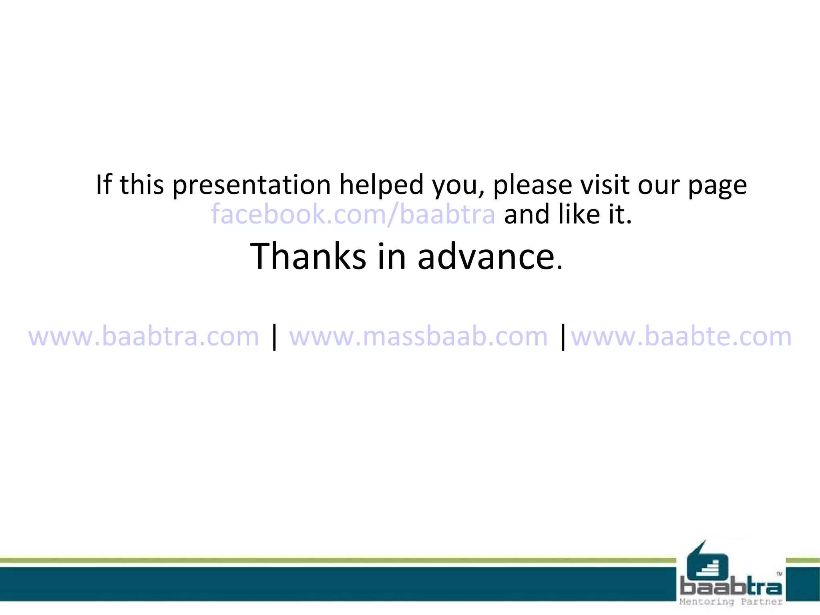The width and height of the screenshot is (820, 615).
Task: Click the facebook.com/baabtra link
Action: (353, 214)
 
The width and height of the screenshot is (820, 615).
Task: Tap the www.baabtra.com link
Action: (144, 336)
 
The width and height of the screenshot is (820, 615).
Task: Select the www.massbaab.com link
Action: (418, 336)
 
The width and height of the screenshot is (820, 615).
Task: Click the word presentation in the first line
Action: (251, 185)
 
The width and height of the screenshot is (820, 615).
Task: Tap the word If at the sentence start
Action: (104, 185)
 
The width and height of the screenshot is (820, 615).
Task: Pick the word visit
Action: (604, 185)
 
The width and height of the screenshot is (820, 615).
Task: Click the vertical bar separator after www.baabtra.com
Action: (274, 337)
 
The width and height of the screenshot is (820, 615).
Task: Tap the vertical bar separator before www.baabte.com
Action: (563, 337)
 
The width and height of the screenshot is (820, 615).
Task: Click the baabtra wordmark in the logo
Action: (731, 587)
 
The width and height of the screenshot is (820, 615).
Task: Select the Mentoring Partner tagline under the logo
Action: (731, 601)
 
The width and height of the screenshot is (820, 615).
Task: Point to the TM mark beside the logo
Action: (779, 574)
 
